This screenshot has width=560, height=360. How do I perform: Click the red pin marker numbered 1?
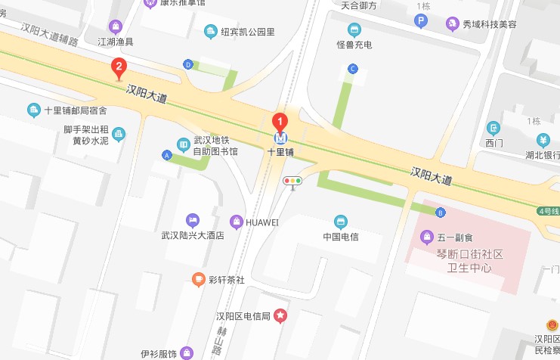click(x=280, y=121)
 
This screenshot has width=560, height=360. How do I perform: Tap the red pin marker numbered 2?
click(x=118, y=68)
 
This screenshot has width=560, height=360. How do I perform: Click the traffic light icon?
click(x=292, y=181)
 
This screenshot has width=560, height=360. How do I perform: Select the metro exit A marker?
click(x=166, y=155)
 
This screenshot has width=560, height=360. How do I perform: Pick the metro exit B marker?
click(x=440, y=212)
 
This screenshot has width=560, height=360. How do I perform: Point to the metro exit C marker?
click(x=351, y=69)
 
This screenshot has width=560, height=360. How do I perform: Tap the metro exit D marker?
click(x=187, y=64)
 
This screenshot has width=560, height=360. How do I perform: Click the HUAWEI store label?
click(x=262, y=222)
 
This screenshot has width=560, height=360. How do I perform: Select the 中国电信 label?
click(x=341, y=237)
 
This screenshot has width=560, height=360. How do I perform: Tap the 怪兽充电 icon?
click(x=354, y=30)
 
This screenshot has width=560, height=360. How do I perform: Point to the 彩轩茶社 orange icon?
click(x=198, y=279)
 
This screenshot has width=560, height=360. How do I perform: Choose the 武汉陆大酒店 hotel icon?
click(x=193, y=220)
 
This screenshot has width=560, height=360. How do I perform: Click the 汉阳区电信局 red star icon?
click(x=280, y=315)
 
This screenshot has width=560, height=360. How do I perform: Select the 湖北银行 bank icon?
click(x=543, y=140)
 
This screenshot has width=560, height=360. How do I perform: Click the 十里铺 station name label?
click(x=280, y=151)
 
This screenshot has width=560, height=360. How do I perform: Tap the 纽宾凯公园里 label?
click(x=248, y=32)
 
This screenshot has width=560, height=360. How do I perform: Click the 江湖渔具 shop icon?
click(x=116, y=26)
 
